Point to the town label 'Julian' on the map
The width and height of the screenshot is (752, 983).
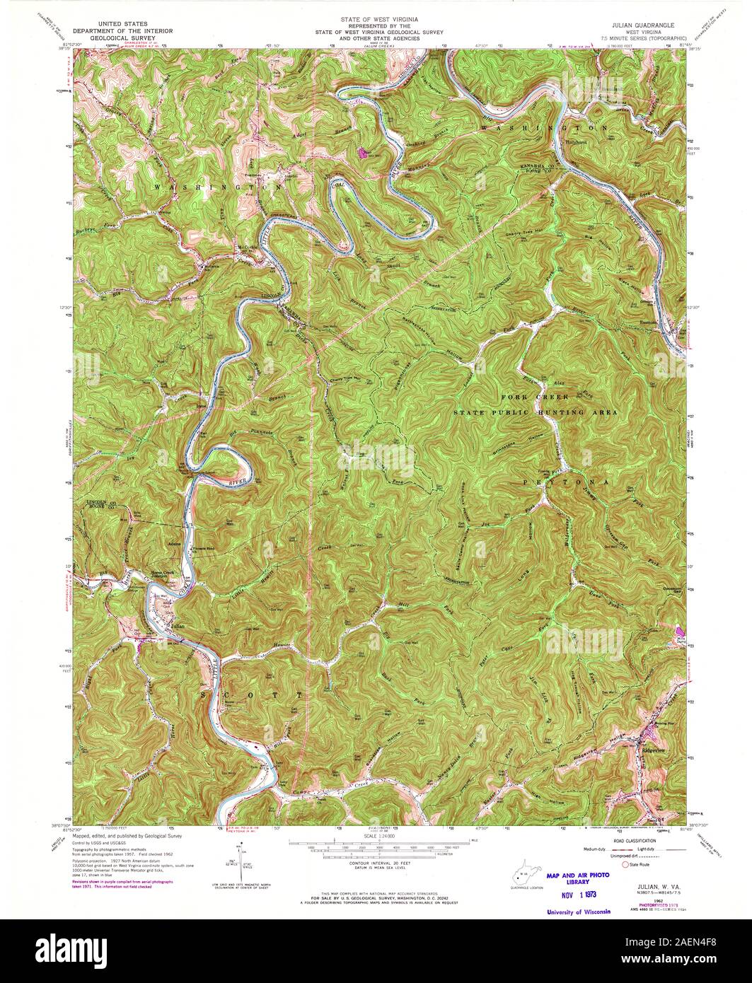178,626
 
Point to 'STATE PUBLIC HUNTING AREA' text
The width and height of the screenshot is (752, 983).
535,412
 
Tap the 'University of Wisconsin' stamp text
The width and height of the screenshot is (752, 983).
578,912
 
